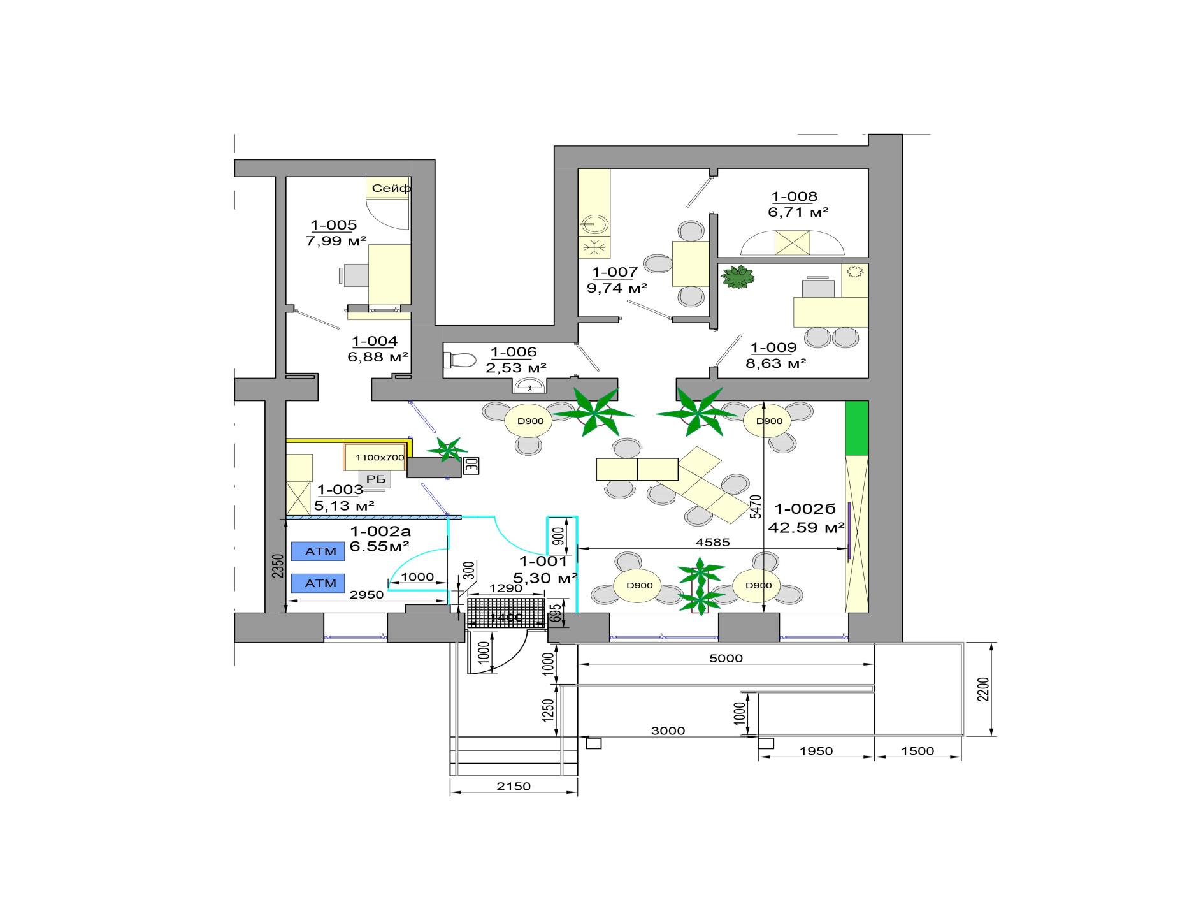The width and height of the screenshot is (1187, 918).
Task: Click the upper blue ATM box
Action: click(x=318, y=551)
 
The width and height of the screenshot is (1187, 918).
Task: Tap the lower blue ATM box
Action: click(x=318, y=583)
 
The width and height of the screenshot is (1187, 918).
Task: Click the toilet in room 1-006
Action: click(x=459, y=360)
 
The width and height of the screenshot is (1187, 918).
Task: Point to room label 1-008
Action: click(x=794, y=196)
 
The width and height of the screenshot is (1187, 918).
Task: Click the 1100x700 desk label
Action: click(x=380, y=457)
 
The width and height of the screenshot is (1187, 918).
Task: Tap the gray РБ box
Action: click(x=376, y=479)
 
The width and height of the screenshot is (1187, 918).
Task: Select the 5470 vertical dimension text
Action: click(x=756, y=507)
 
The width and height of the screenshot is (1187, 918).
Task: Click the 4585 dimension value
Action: click(x=712, y=543)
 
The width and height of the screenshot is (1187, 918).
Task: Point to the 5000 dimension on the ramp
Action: click(x=726, y=658)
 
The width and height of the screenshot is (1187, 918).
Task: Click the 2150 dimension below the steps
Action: click(x=514, y=786)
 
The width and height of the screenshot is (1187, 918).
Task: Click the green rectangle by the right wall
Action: click(x=856, y=428)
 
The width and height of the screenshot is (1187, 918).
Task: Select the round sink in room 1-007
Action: click(x=595, y=224)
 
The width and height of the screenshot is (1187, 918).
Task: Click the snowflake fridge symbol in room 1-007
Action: click(x=595, y=247)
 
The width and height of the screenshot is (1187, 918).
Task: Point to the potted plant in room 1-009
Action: click(x=738, y=277)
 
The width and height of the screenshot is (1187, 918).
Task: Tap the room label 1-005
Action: click(x=333, y=225)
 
